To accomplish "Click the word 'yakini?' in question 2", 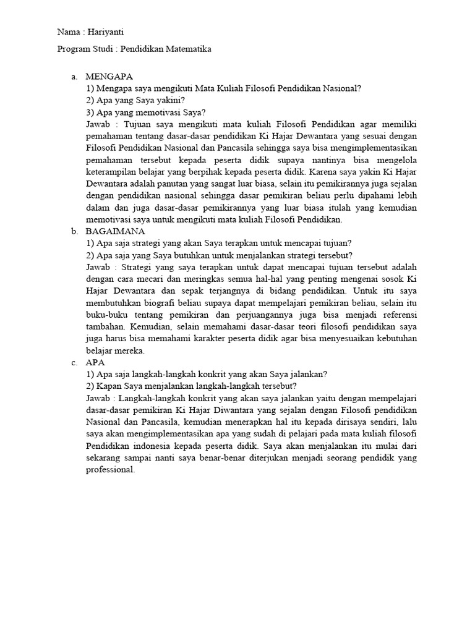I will click(x=172, y=100).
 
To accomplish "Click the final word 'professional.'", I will click(x=111, y=470).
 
